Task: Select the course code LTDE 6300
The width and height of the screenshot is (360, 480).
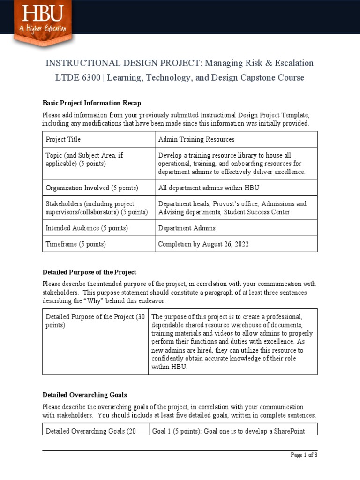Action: tap(78, 78)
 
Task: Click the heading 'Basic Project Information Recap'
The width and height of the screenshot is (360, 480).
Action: tap(91, 103)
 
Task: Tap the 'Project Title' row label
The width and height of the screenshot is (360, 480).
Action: tap(63, 139)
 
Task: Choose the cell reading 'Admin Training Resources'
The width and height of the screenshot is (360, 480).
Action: tap(196, 139)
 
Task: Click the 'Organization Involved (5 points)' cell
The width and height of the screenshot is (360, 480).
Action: tap(92, 188)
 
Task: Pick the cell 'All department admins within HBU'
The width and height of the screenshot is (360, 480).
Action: tap(209, 188)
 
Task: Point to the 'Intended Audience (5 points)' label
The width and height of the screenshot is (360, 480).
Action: tap(87, 228)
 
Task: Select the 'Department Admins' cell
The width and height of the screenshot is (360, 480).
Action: tap(187, 228)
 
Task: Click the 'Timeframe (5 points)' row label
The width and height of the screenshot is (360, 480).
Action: tap(76, 244)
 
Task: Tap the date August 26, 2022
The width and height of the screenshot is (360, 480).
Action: tap(223, 244)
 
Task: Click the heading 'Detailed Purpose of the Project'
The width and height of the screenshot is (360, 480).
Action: tap(90, 272)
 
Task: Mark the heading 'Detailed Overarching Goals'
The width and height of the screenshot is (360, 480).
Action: tap(85, 395)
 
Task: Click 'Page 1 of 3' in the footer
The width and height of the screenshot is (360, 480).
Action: tap(304, 455)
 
